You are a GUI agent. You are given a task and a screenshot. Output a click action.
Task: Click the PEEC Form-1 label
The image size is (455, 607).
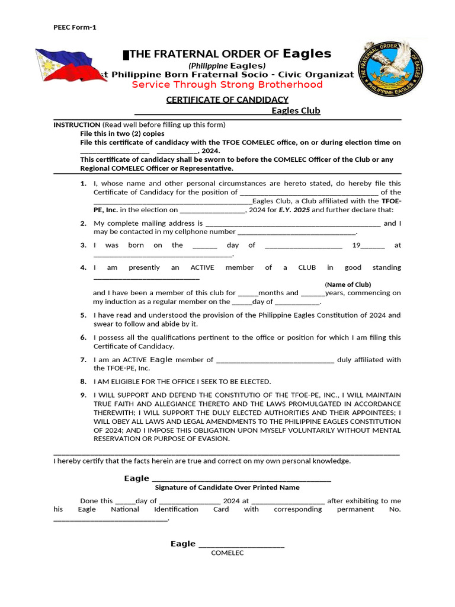click(x=75, y=27)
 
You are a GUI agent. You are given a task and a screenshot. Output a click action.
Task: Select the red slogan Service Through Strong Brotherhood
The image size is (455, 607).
click(x=227, y=85)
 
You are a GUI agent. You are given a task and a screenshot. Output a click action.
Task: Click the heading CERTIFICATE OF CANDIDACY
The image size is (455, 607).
click(x=227, y=100)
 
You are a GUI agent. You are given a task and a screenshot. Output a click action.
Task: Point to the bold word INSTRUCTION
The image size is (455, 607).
click(x=76, y=125)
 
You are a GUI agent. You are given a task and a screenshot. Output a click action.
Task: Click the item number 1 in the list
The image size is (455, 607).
click(x=84, y=184)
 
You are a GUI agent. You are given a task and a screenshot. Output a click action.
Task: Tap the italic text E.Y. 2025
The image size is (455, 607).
click(x=294, y=210)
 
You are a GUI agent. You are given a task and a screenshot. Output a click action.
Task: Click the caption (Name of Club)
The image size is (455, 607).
click(x=348, y=285)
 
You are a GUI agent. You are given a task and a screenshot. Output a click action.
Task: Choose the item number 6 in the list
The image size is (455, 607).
click(x=84, y=337)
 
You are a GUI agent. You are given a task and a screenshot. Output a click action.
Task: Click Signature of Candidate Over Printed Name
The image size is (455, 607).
click(x=227, y=487)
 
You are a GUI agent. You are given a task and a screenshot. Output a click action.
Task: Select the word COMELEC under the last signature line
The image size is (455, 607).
click(x=227, y=553)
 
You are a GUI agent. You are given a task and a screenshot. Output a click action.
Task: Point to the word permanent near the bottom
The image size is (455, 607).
click(x=355, y=509)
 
